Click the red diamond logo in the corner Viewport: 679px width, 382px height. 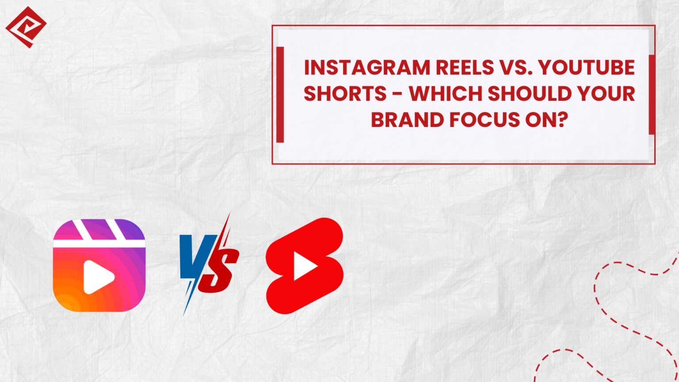point(26,27)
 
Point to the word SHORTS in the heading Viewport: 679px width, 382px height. point(339,94)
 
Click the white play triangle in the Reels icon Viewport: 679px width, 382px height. point(98,277)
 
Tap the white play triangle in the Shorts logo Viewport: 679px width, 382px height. point(305,266)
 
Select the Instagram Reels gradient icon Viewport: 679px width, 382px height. point(99,265)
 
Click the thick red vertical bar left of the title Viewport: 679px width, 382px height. point(280,95)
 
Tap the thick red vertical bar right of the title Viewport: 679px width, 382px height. point(652,95)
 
